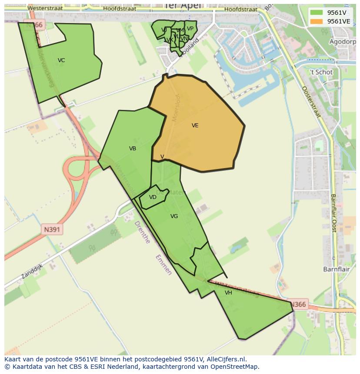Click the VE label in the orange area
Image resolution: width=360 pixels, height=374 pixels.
pyautogui.click(x=195, y=126)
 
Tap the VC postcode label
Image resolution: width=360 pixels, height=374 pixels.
pyautogui.click(x=61, y=60)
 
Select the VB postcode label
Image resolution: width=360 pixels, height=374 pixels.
pyautogui.click(x=133, y=149)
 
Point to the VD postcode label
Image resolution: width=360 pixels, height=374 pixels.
pyautogui.click(x=153, y=197)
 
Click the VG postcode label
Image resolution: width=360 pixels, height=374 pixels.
pyautogui.click(x=174, y=216)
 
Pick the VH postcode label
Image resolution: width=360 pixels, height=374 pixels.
pyautogui.click(x=228, y=293)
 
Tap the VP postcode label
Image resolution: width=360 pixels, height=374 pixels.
pyautogui.click(x=190, y=29)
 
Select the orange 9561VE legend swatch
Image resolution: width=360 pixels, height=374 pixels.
pyautogui.click(x=317, y=21)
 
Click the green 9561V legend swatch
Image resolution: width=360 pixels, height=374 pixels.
pyautogui.click(x=317, y=13)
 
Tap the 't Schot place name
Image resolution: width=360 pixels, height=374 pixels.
pyautogui.click(x=321, y=72)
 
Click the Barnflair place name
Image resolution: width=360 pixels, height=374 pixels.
pyautogui.click(x=337, y=269)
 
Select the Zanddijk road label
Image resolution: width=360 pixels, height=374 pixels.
pyautogui.click(x=32, y=271)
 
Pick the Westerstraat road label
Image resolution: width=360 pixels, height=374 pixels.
pyautogui.click(x=45, y=8)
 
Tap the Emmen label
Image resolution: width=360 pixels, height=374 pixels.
pyautogui.click(x=163, y=265)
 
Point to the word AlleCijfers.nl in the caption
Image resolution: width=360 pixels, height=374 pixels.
pyautogui.click(x=227, y=359)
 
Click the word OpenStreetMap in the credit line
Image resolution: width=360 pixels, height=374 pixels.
pyautogui.click(x=235, y=367)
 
